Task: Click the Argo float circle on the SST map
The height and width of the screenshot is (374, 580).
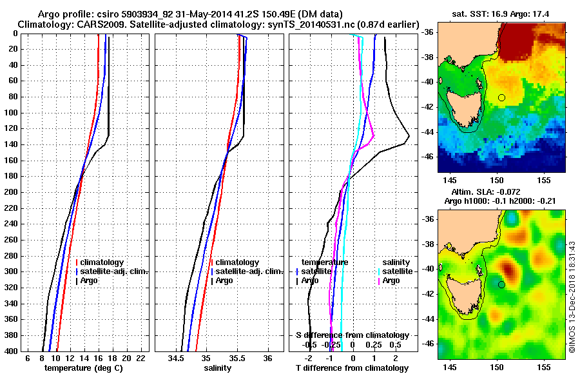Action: tap(501, 97)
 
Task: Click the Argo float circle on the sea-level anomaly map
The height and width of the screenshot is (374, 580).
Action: tap(501, 284)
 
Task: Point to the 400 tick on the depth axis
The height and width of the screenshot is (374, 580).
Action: tap(14, 351)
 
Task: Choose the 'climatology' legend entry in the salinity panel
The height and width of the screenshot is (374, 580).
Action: tap(237, 262)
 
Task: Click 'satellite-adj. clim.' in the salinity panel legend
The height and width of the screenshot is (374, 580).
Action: tap(248, 271)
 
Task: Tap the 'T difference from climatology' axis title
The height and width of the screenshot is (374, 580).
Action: tap(352, 368)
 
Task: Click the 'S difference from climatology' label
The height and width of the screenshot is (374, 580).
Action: tap(352, 335)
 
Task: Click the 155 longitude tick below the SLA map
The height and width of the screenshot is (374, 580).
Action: tap(543, 366)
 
